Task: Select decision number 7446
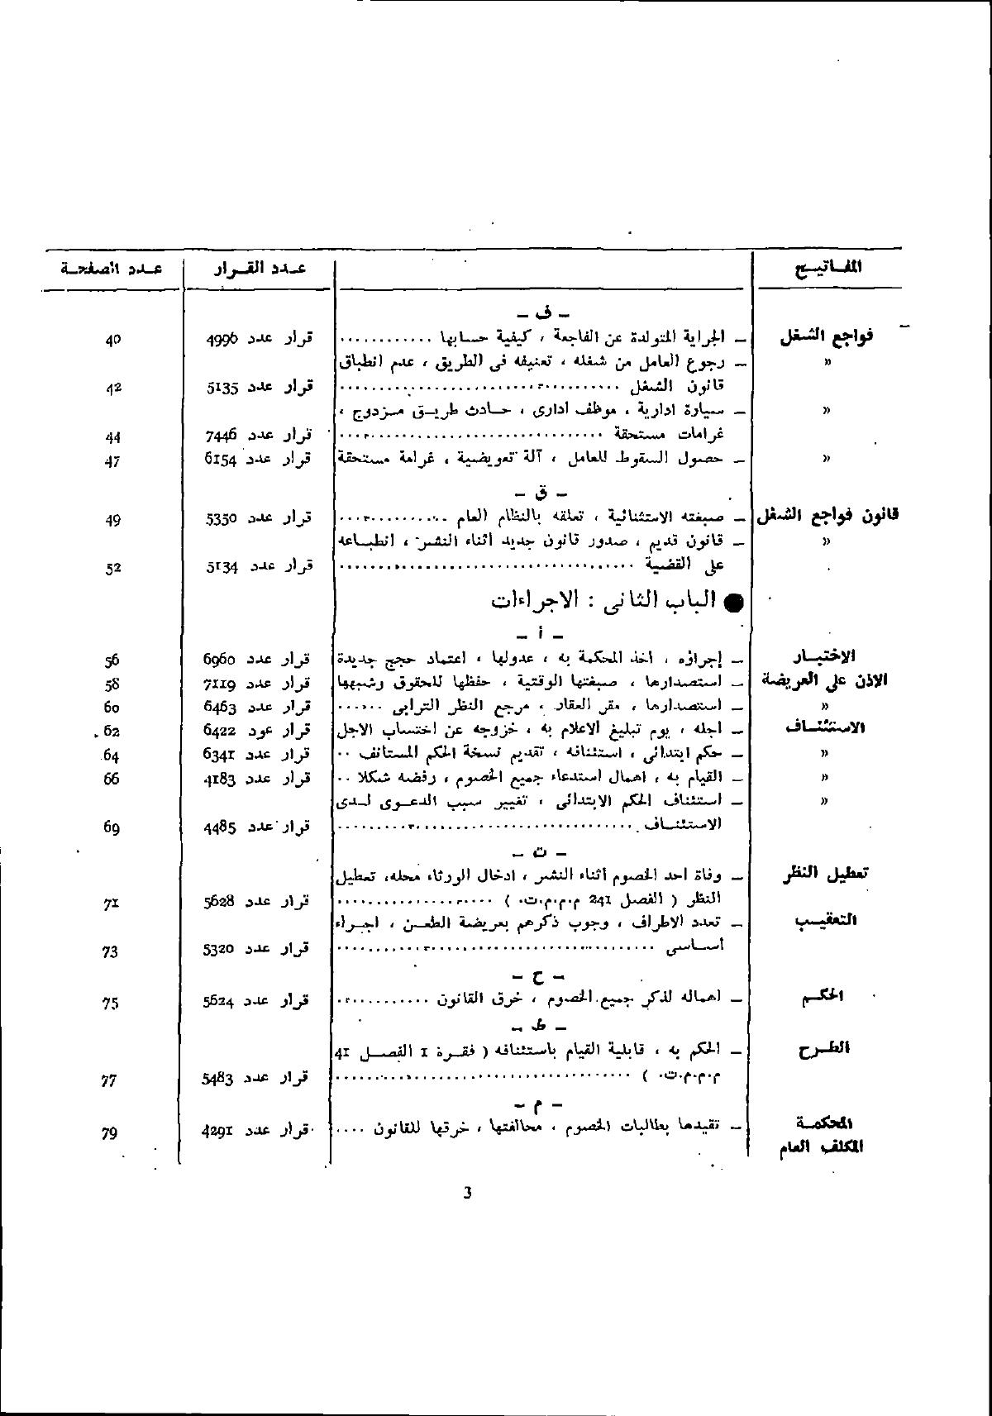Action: [x=221, y=436]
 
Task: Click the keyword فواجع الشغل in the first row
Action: [x=827, y=336]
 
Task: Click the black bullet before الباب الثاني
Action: [x=732, y=603]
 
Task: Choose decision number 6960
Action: [x=221, y=659]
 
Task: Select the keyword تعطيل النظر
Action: [x=825, y=872]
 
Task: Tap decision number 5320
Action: [x=219, y=950]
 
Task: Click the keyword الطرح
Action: [x=827, y=1049]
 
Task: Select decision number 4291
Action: [x=219, y=1132]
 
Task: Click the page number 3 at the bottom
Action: [x=467, y=1193]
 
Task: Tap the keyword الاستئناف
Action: [x=825, y=727]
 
